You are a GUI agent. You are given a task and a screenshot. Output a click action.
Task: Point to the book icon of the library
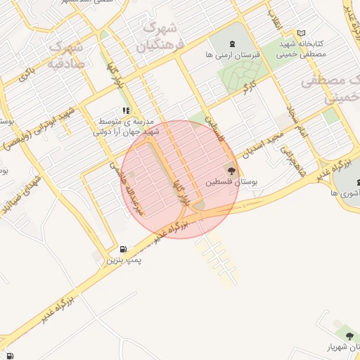(302, 33)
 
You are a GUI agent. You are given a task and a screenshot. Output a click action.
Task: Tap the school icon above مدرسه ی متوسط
(126, 110)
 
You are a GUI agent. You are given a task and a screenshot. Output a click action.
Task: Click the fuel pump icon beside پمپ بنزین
(124, 249)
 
